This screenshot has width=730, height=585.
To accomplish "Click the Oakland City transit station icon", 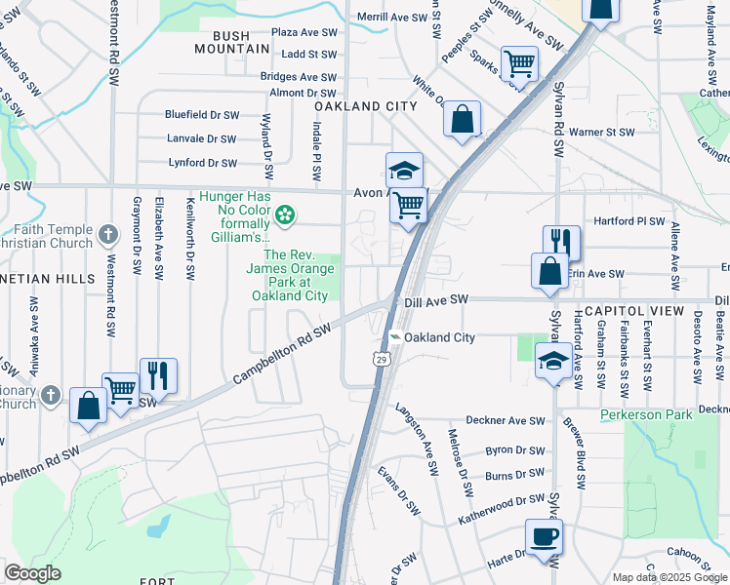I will (394, 337).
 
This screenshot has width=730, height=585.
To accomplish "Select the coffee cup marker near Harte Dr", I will (544, 535).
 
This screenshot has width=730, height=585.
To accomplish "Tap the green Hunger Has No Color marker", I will (285, 213).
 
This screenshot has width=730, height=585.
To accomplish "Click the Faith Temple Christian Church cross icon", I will (108, 235).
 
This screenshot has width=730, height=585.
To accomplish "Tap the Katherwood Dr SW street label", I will (501, 508).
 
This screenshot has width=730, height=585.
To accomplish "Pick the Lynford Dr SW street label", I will (202, 163).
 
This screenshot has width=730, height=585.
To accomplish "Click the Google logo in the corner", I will (32, 573).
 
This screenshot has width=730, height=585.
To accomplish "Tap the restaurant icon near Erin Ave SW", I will (561, 242).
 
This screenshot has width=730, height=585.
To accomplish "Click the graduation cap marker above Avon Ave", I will (404, 172).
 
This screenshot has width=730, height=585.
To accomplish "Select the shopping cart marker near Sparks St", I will (519, 64).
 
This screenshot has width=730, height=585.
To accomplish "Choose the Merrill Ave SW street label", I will (392, 18).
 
